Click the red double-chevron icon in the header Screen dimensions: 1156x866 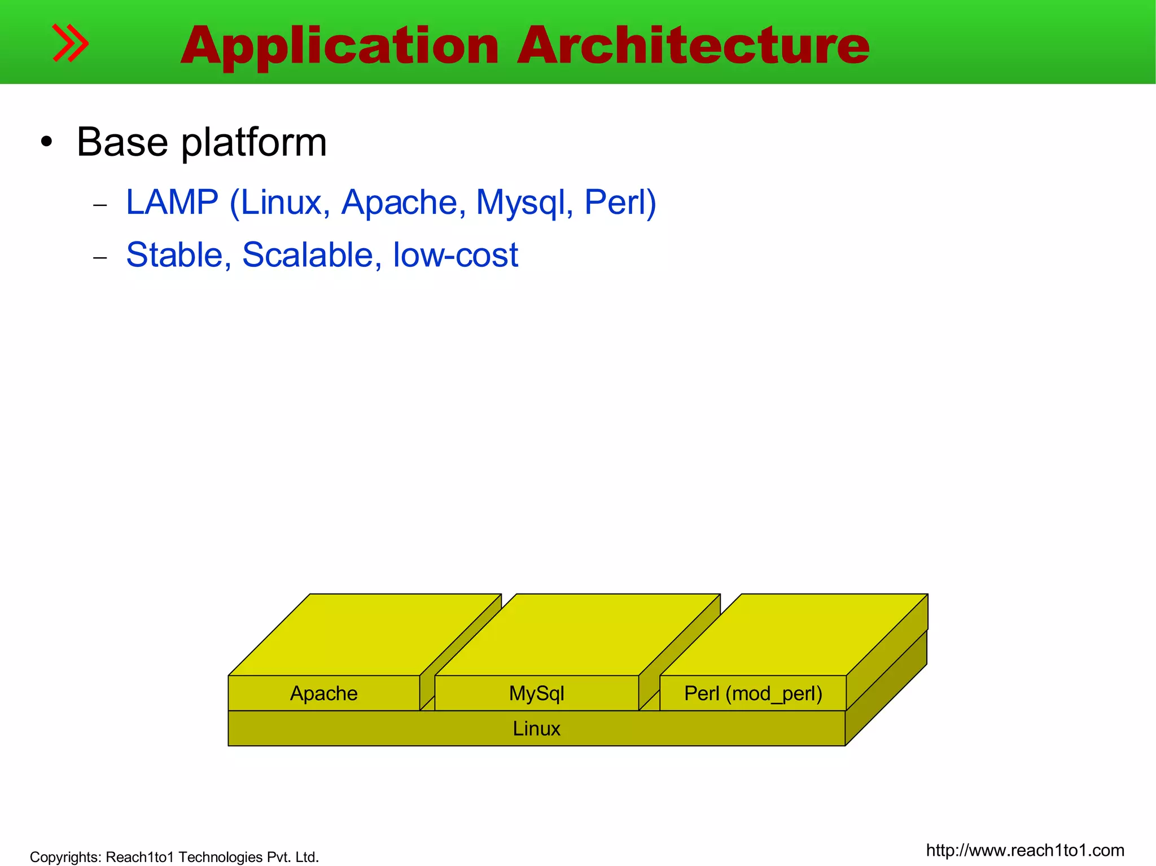tap(70, 43)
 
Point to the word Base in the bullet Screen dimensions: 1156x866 tap(122, 142)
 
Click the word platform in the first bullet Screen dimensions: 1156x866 tap(253, 142)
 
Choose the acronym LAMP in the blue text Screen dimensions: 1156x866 tap(172, 202)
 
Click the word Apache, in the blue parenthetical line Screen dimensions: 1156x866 tap(403, 202)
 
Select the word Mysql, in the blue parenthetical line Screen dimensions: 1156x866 tap(524, 203)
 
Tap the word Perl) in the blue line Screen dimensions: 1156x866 tap(620, 202)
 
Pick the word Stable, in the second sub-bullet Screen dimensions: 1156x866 tap(178, 255)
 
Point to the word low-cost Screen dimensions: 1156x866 tap(455, 255)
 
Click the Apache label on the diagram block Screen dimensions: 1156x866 tap(323, 693)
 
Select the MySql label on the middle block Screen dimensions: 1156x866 tap(536, 693)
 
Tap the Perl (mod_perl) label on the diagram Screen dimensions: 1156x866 tap(753, 693)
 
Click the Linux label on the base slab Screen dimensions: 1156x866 tap(536, 728)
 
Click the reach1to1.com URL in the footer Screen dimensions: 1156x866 tap(1024, 850)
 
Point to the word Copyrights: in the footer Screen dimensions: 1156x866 tap(65, 857)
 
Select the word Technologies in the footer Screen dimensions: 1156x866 tap(220, 857)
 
